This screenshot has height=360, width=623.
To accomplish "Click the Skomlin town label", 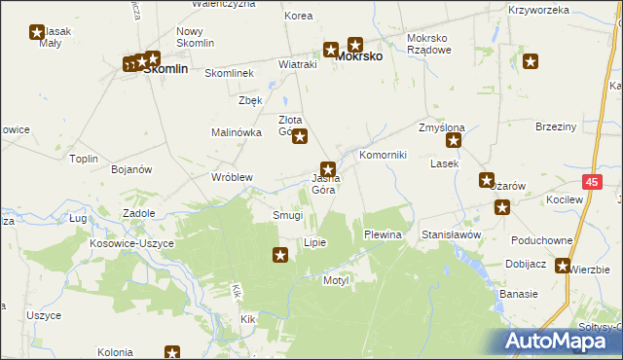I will coord(165,70).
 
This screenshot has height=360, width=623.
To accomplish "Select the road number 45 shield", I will coord(593,181).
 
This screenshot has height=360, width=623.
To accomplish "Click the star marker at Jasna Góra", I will coord(329,168).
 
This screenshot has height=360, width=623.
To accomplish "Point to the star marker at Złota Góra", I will coord(300,137).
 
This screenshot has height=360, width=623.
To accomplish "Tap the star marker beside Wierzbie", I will coord(563,266).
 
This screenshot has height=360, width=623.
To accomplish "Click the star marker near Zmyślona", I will coord(454,141).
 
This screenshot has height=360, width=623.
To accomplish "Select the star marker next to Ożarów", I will coord(487,180).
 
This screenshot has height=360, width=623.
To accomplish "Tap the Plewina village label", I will coord(383,235).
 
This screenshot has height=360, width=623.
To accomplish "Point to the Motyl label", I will coord(336,280).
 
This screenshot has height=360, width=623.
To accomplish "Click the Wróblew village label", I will coord(232,178).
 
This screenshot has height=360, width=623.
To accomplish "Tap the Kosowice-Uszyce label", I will coord(131,243).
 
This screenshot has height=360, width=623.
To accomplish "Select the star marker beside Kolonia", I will coord(172,353).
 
